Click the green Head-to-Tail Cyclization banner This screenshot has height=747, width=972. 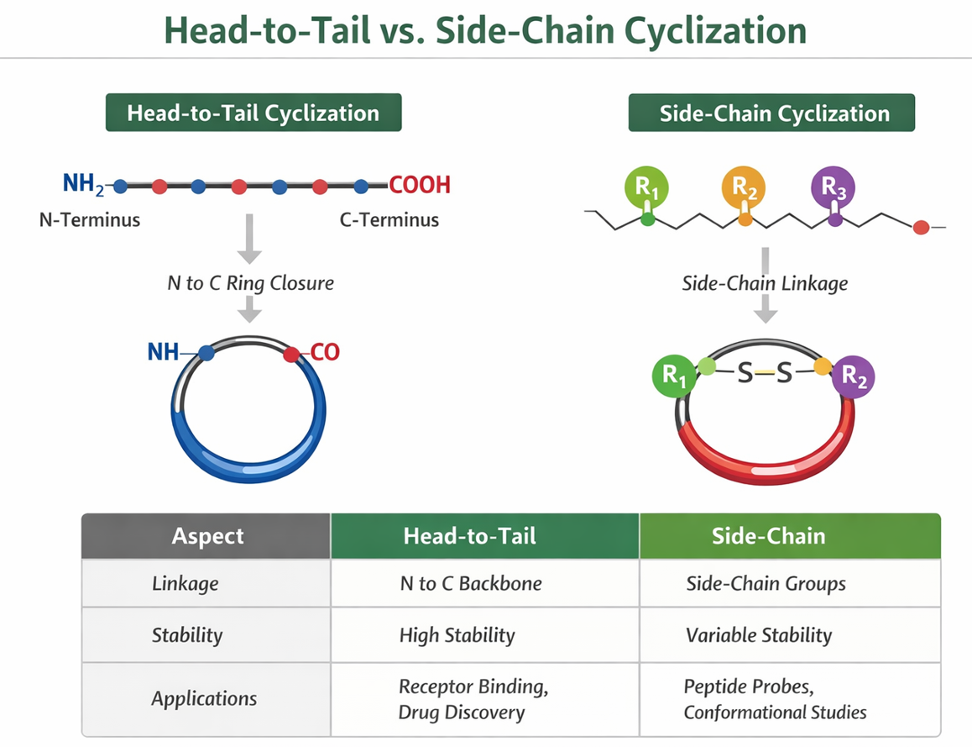(x=253, y=113)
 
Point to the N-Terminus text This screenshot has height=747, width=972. (x=90, y=221)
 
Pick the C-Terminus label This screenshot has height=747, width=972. (x=389, y=221)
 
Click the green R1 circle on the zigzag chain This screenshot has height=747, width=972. (x=646, y=187)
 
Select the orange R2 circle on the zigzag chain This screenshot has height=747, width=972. (x=744, y=187)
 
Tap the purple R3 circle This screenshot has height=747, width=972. (x=834, y=187)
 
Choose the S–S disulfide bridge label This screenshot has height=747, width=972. (x=764, y=371)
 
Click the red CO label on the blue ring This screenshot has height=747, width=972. (x=325, y=352)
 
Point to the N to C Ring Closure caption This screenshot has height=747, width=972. (x=250, y=283)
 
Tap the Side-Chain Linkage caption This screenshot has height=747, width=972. (x=765, y=283)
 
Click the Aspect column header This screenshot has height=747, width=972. (x=207, y=536)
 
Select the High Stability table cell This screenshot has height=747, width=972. (x=457, y=635)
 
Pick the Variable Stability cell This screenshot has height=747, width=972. (x=758, y=635)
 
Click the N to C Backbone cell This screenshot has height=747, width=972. (x=470, y=584)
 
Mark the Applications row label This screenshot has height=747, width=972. (x=204, y=698)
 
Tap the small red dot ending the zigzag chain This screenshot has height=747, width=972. (x=921, y=227)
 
